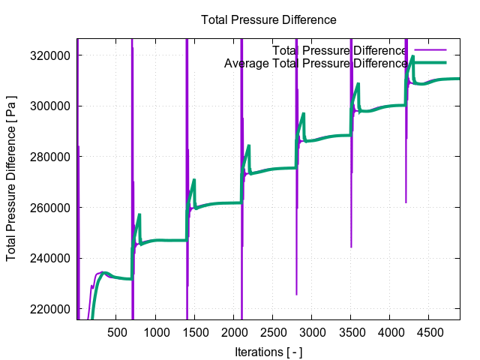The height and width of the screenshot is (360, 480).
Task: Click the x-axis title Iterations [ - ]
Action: click(268, 352)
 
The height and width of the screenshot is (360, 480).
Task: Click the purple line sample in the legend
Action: click(429, 50)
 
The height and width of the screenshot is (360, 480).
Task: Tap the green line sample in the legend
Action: click(429, 63)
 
